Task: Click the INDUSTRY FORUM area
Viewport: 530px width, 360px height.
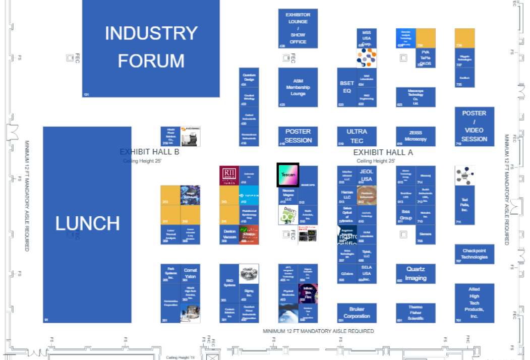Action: pos(151,47)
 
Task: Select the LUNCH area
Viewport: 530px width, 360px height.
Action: pos(87,224)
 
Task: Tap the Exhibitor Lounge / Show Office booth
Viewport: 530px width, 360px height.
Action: pos(298,28)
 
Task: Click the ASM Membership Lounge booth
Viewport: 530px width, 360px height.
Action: pos(298,87)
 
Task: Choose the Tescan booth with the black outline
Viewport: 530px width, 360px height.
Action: pos(288,175)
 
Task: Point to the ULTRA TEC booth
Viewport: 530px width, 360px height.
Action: pos(357,136)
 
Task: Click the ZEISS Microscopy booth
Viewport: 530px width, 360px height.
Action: pos(416,136)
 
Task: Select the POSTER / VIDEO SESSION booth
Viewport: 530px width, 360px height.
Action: pos(474,126)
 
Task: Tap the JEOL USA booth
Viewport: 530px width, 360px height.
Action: pos(367,175)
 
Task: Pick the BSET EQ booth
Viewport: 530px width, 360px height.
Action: pos(347,87)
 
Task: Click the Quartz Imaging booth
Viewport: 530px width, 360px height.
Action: pos(416,273)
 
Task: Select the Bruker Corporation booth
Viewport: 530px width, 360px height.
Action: pos(357,313)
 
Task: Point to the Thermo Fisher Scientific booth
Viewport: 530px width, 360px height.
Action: pos(416,313)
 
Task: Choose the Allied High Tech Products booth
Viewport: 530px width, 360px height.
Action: pos(474,303)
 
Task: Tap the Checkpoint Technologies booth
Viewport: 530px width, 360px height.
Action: pos(474,254)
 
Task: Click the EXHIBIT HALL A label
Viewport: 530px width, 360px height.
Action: pos(383,152)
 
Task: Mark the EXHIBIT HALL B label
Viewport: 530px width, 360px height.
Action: pos(149,152)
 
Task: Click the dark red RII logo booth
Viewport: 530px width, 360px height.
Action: pos(229,175)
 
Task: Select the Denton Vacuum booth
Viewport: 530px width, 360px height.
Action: pos(229,234)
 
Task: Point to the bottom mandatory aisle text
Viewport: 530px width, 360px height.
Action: pos(318,331)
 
